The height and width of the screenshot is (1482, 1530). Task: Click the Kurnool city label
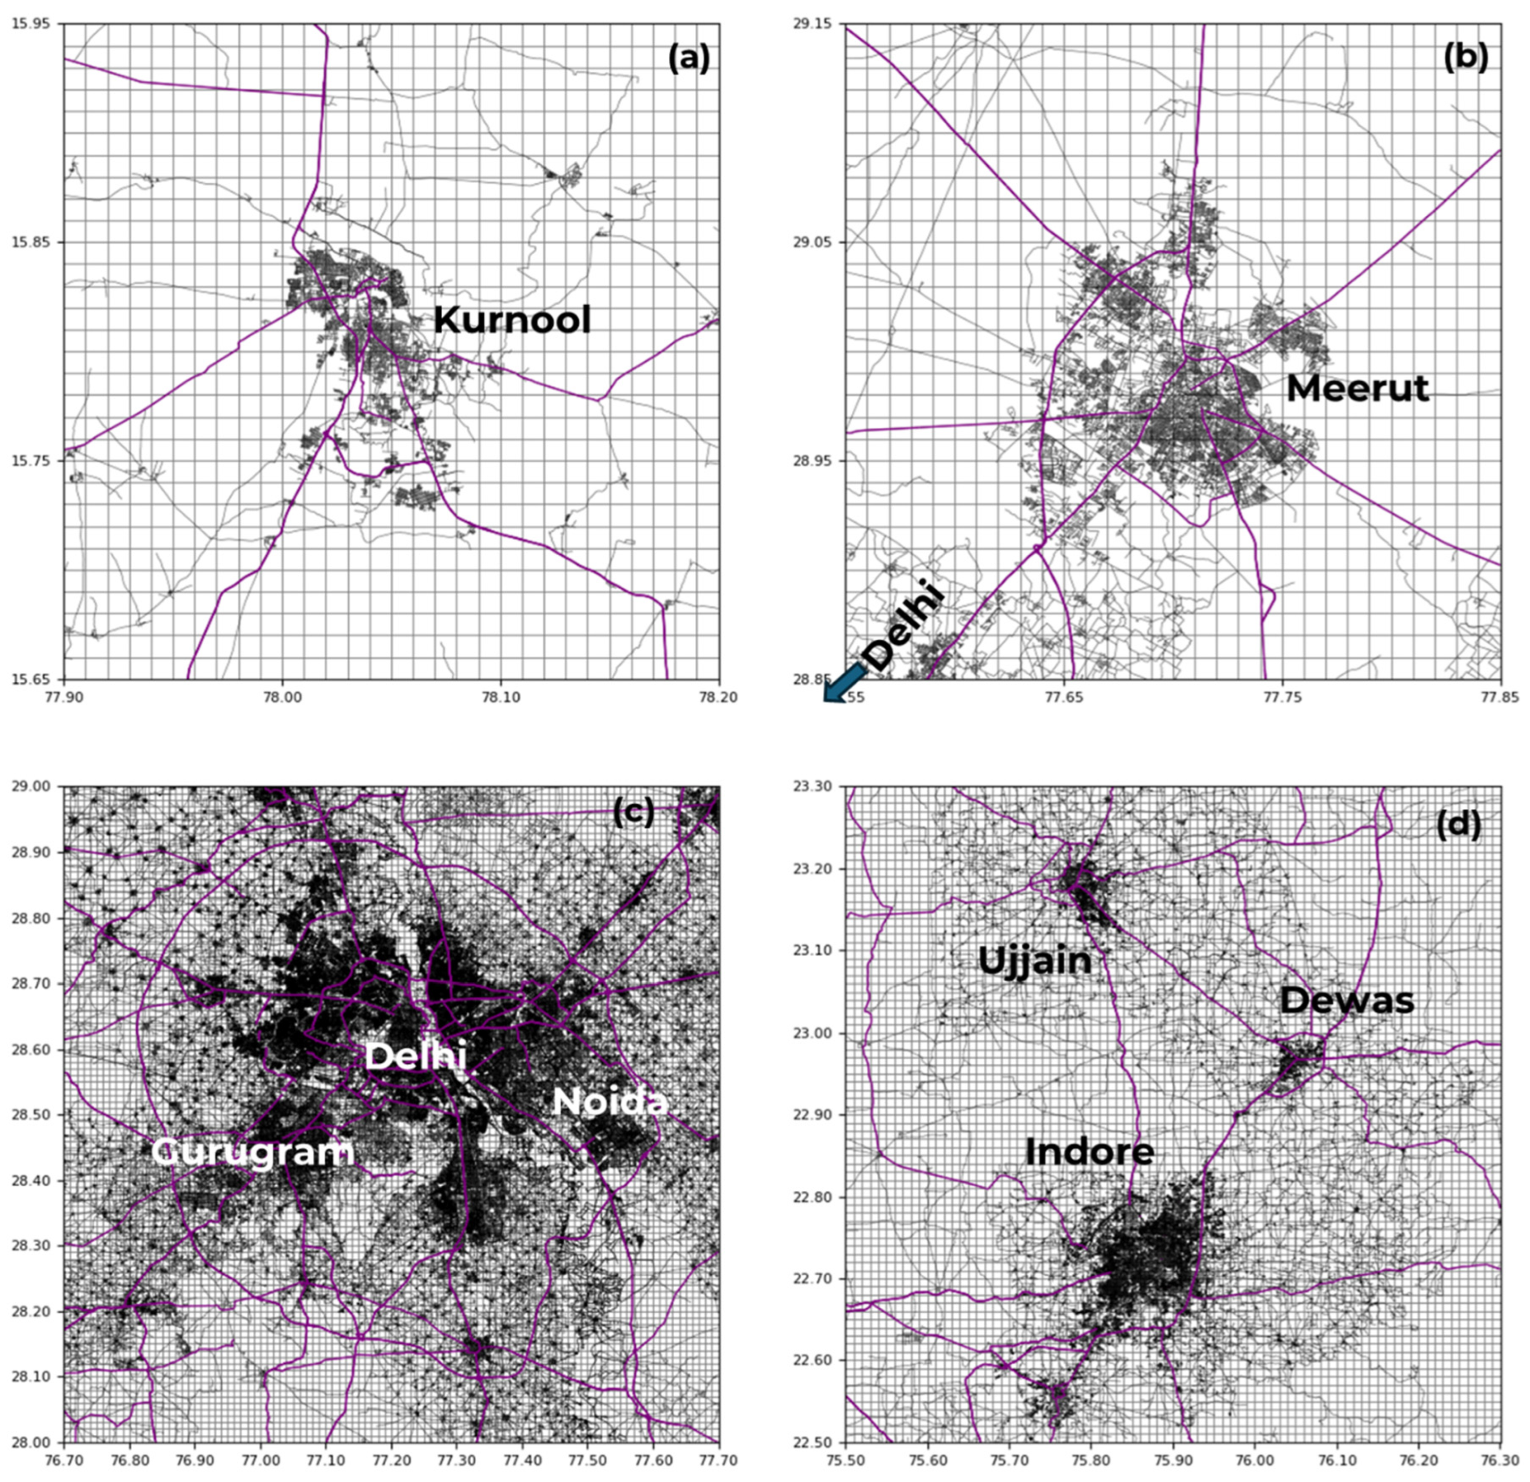click(x=512, y=320)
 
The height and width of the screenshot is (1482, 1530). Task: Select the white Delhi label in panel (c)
click(x=415, y=1057)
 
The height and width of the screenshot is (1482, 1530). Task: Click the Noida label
click(x=610, y=1102)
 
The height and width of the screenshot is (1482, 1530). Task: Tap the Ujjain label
click(x=1034, y=960)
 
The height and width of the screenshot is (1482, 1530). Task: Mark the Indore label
click(x=1089, y=1152)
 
